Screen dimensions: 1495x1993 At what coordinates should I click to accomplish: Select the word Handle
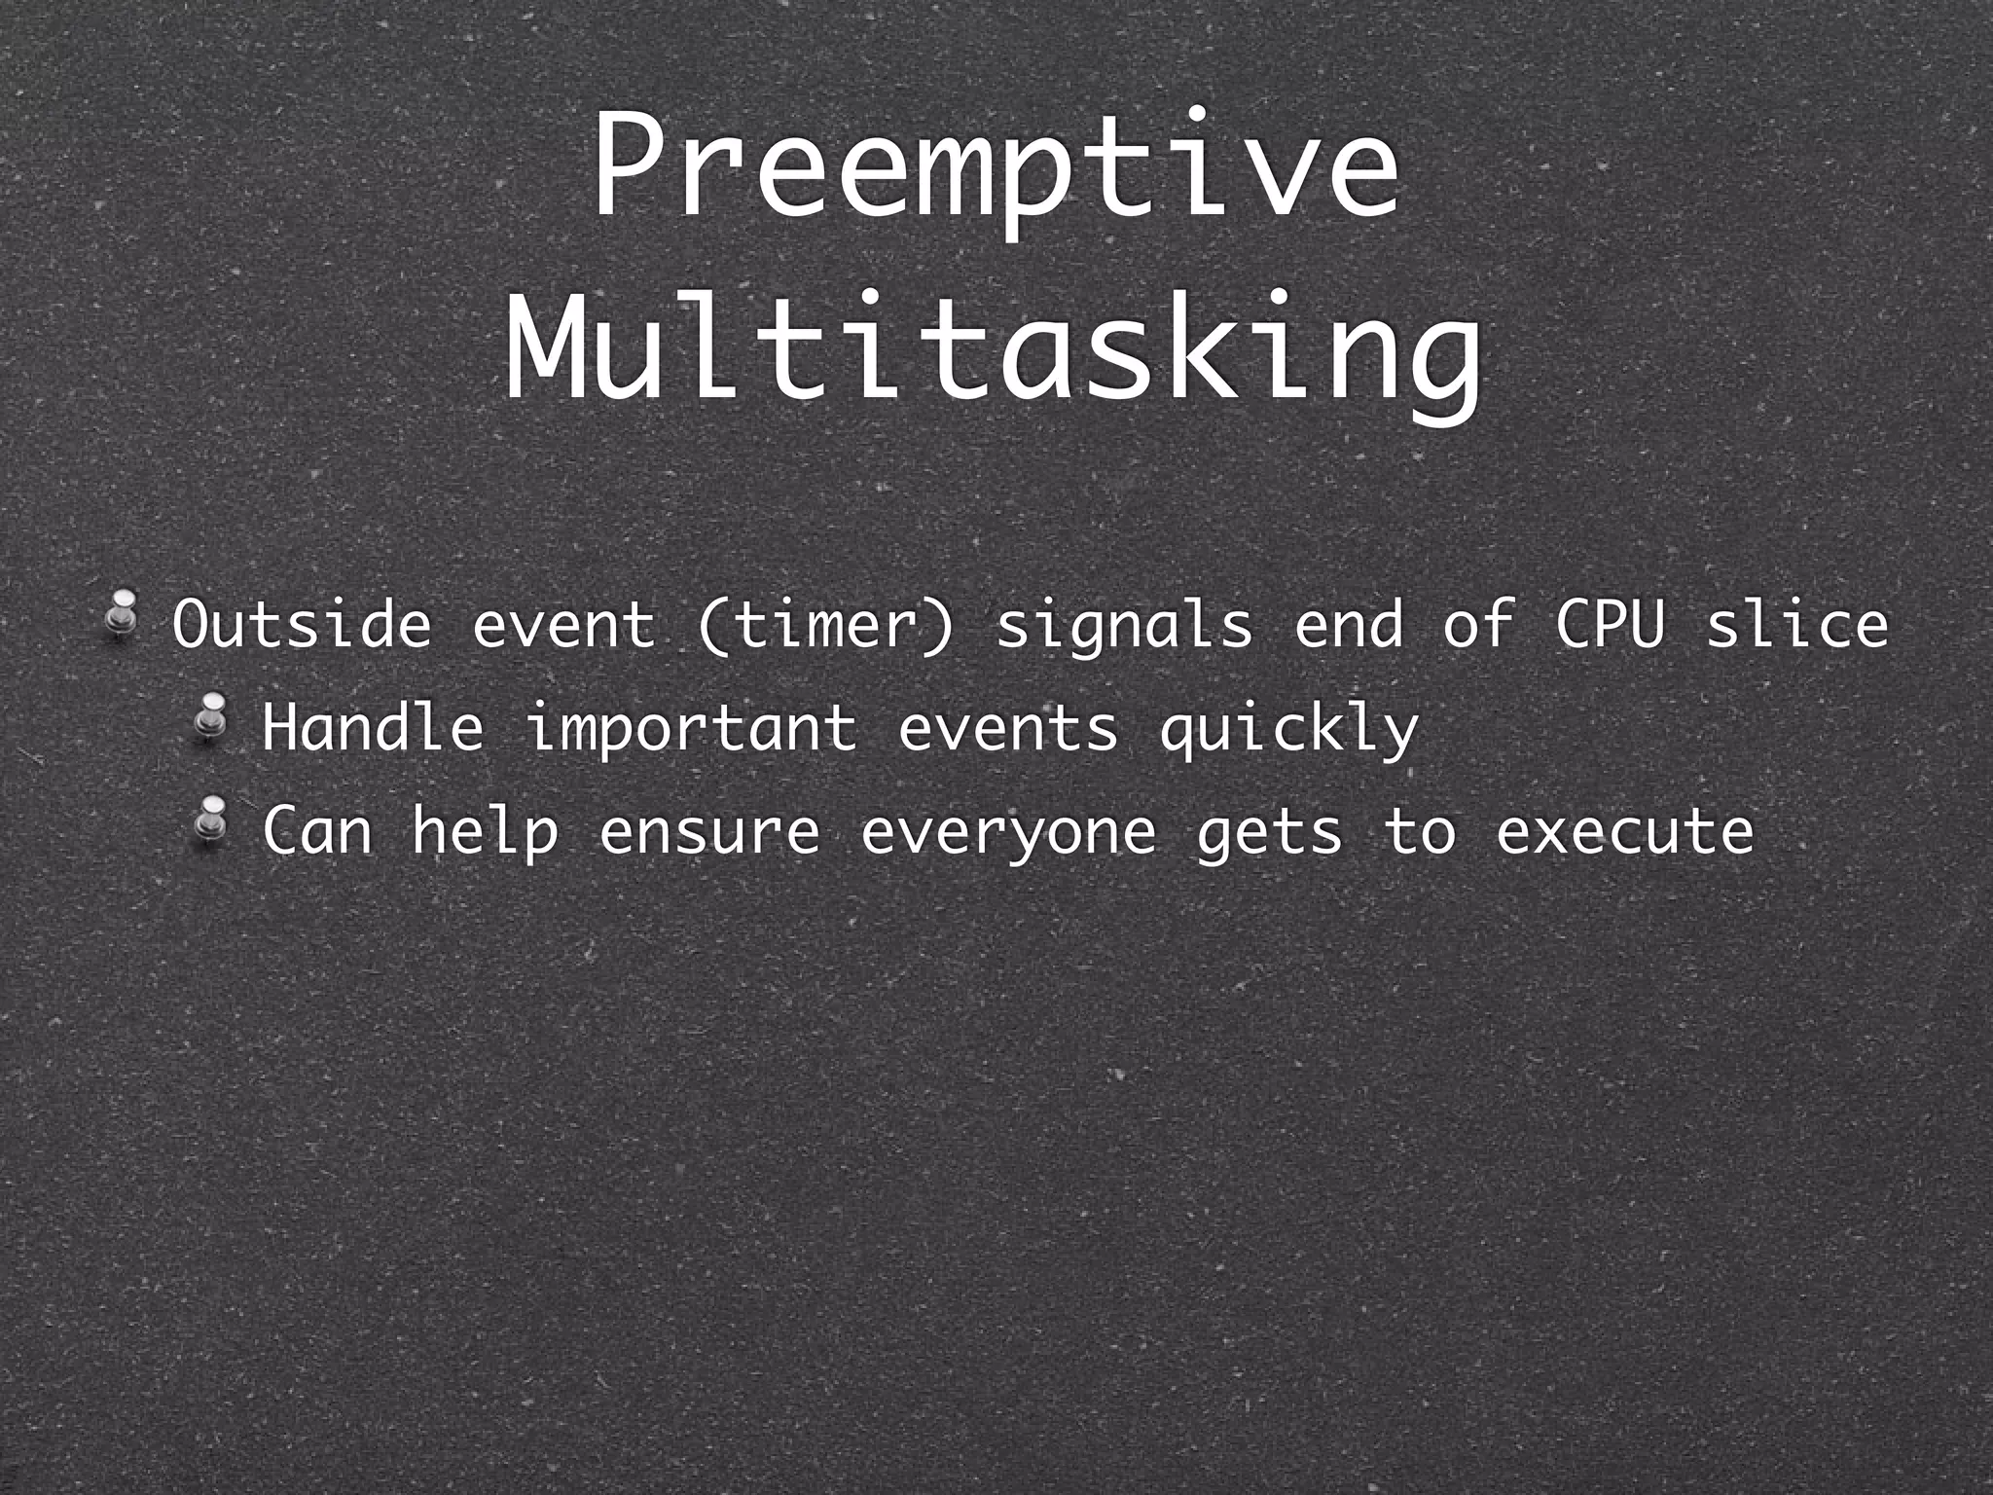[373, 728]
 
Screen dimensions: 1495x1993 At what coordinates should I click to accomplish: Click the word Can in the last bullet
[318, 831]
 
